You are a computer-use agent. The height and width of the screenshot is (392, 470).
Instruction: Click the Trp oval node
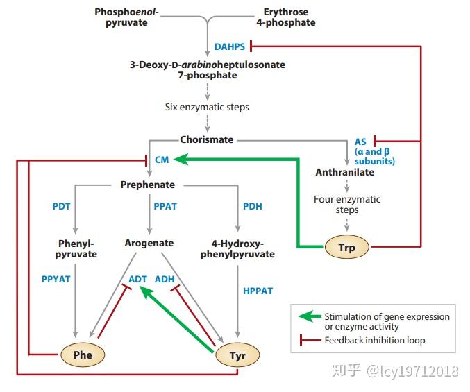pos(347,247)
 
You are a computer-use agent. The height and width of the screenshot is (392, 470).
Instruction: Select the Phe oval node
pos(83,355)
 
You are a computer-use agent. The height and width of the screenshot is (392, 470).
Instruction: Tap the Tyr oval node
pos(237,355)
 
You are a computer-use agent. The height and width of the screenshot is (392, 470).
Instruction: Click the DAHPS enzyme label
pos(230,46)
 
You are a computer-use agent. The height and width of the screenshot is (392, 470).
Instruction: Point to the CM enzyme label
pos(162,160)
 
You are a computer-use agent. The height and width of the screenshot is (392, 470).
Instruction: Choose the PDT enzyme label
pos(62,206)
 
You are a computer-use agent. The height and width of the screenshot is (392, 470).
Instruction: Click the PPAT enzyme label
pos(165,206)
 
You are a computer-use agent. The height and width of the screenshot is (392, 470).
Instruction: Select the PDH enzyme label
pos(253,206)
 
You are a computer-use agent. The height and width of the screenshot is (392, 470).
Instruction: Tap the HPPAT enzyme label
pos(258,291)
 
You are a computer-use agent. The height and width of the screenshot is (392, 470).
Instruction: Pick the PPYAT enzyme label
pos(56,279)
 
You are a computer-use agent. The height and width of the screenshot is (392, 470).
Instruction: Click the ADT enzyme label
pos(137,279)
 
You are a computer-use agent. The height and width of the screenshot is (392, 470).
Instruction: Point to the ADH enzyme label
pos(165,279)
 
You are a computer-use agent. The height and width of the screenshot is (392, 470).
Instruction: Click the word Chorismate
pos(207,139)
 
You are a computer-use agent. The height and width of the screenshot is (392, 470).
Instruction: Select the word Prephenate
pos(148,185)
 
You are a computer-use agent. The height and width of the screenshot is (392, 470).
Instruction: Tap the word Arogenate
pos(149,243)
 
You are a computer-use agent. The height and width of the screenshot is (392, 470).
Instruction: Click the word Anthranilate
pos(345,172)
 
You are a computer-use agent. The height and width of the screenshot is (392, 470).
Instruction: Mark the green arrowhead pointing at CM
pos(181,160)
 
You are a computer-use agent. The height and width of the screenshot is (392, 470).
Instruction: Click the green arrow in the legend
pos(310,316)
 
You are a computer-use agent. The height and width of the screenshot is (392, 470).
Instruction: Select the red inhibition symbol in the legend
pos(310,340)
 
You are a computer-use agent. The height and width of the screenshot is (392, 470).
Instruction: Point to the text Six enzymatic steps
pos(207,107)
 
